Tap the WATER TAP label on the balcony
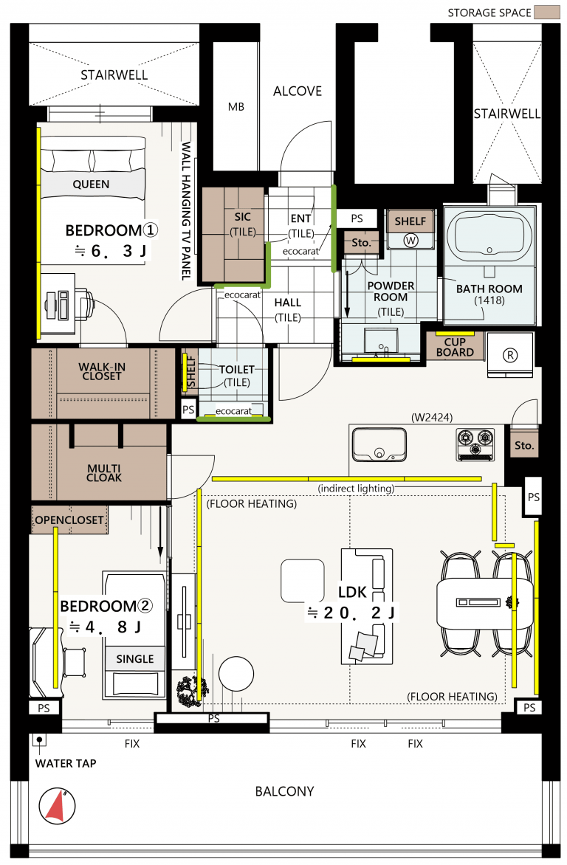pyautogui.click(x=66, y=763)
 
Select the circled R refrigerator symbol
pyautogui.click(x=510, y=355)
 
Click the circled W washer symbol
pyautogui.click(x=410, y=241)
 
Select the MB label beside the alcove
pyautogui.click(x=236, y=106)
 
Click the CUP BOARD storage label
pyautogui.click(x=455, y=347)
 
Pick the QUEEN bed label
pyautogui.click(x=91, y=185)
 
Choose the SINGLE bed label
pyautogui.click(x=134, y=658)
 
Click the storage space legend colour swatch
pyautogui.click(x=546, y=13)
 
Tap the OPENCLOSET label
pyautogui.click(x=69, y=520)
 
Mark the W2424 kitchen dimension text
pyautogui.click(x=432, y=418)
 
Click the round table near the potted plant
pyautogui.click(x=236, y=674)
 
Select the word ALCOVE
pyautogui.click(x=298, y=91)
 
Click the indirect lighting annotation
pyautogui.click(x=356, y=488)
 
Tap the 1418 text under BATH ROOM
pyautogui.click(x=489, y=300)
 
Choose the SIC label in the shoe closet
pyautogui.click(x=242, y=217)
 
